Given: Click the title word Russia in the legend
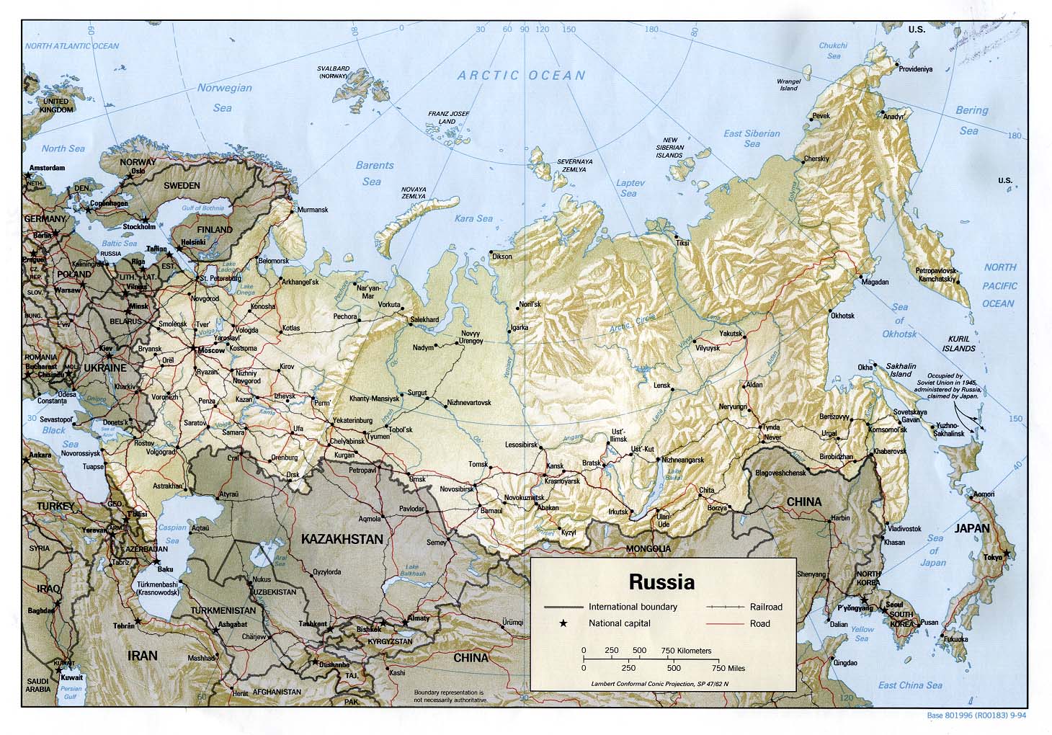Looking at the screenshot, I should tap(661, 581).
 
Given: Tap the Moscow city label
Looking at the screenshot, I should tap(211, 350).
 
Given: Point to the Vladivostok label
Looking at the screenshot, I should tap(904, 528).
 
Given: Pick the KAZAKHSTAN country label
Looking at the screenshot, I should tap(342, 539).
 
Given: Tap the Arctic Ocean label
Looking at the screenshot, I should tap(522, 75).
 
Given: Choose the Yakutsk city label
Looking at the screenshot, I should tap(730, 334).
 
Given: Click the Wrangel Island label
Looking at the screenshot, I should tap(788, 85).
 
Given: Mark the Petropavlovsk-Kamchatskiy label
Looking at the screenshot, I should tap(935, 275).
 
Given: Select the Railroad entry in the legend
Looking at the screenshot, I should tap(765, 607).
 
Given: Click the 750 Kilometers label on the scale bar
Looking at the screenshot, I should tap(686, 651).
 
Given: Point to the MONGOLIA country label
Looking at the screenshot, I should tap(648, 549).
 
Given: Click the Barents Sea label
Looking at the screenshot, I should tap(375, 173).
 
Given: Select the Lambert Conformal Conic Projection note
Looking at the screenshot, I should tap(659, 684).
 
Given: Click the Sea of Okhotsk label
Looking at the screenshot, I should tap(899, 321).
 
